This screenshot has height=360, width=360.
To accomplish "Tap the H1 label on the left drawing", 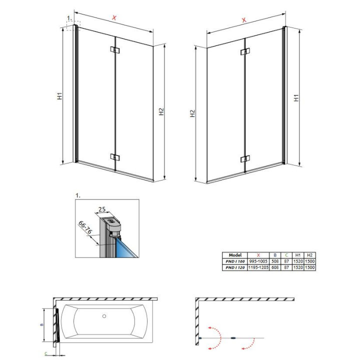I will click(59, 96).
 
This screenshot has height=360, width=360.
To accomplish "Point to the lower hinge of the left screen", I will click(115, 157).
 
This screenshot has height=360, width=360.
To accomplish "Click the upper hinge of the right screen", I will click(244, 52).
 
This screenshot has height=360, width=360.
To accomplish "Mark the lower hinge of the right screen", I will click(244, 159).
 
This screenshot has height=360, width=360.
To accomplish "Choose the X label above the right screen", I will click(244, 20).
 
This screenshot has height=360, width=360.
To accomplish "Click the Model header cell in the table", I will click(234, 254).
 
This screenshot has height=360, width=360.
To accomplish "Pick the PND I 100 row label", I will click(234, 261).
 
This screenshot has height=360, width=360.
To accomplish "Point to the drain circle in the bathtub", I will click(104, 316).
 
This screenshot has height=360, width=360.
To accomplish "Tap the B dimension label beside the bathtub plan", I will click(41, 324).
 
